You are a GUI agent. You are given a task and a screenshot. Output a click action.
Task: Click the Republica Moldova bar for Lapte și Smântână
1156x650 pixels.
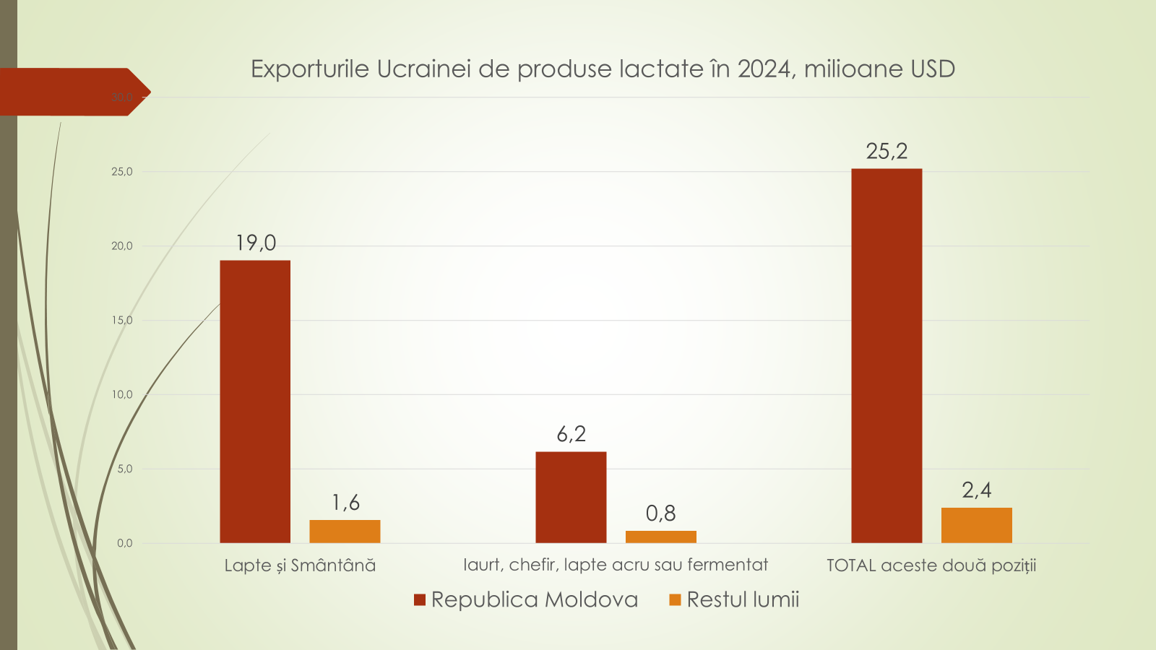(255, 401)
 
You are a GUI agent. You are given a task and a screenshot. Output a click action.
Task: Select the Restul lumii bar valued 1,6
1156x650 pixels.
(345, 532)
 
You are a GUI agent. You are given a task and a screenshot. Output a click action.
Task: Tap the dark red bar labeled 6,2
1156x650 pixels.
(571, 497)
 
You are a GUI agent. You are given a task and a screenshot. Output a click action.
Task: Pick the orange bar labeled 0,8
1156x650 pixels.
(660, 537)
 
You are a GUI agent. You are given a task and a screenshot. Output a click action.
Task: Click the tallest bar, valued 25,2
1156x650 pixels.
(887, 355)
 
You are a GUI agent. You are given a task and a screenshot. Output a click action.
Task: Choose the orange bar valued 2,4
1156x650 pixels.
(976, 525)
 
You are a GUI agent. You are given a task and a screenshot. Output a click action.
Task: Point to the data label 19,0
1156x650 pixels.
(256, 243)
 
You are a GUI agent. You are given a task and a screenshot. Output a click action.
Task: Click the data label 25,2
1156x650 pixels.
(887, 151)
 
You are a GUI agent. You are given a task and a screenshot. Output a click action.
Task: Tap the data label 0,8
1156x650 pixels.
(660, 513)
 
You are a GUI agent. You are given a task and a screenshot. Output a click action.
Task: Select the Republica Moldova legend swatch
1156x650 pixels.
(420, 600)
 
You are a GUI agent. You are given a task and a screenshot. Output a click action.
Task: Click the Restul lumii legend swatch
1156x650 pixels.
(676, 600)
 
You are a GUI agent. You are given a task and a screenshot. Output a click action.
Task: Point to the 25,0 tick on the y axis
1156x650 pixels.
(122, 172)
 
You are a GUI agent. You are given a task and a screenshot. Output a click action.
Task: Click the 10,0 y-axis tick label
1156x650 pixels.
(122, 394)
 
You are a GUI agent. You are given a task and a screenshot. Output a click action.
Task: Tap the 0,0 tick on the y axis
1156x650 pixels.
(124, 543)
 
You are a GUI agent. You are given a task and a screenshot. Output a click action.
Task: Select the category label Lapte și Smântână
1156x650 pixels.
(300, 565)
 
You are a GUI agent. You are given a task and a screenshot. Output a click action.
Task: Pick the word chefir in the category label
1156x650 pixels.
(532, 565)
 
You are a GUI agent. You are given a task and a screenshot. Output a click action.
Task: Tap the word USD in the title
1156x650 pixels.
(933, 69)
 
